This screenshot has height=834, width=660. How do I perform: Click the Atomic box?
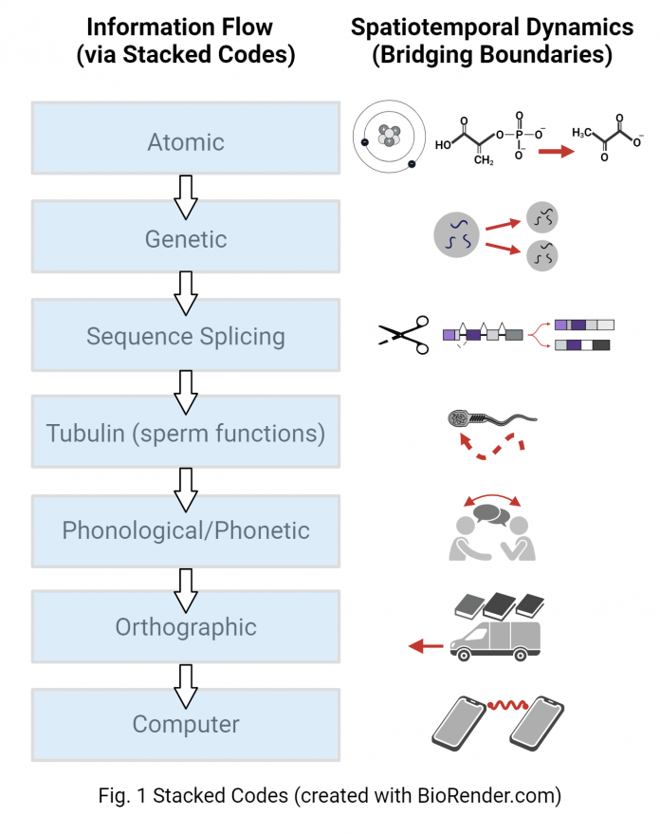pos(186,142)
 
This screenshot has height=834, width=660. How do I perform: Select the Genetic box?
pos(186,239)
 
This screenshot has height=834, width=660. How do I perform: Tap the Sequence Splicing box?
pos(186,336)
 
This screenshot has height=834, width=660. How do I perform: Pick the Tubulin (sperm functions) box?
pos(186,434)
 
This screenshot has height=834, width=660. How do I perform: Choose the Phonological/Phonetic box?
pos(186,530)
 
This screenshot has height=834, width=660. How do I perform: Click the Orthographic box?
pos(186,627)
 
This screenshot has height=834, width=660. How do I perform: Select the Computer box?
pos(186,724)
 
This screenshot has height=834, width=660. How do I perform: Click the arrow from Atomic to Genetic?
pos(186,191)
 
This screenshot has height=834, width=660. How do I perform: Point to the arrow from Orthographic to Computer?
pos(186,676)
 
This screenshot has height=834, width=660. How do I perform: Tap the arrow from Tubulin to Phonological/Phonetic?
pos(186,482)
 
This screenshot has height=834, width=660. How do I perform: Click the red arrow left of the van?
pos(426,647)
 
